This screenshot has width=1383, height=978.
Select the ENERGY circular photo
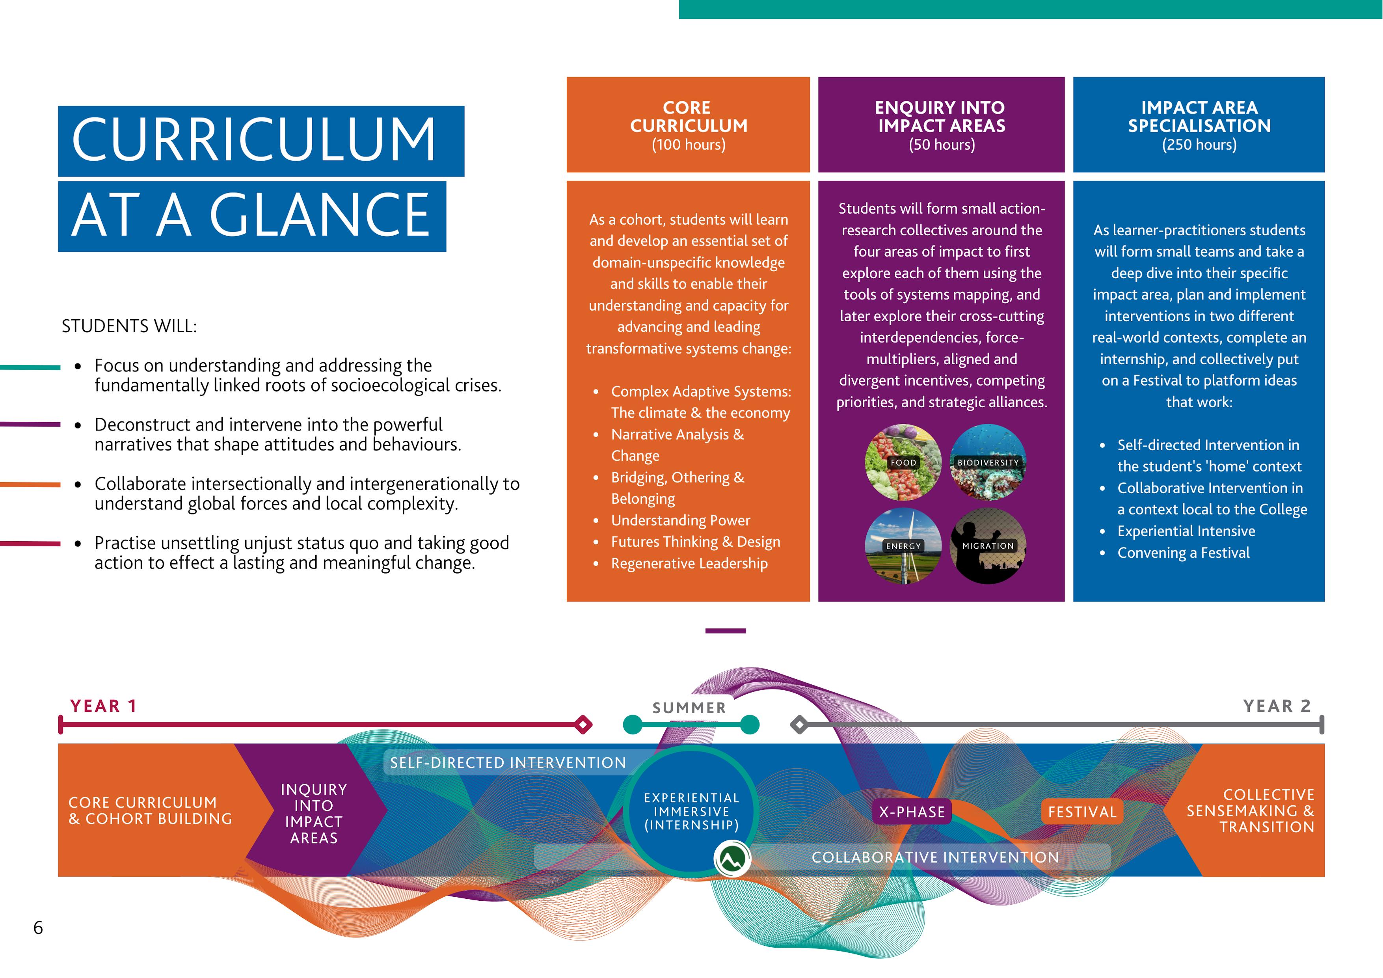(x=903, y=545)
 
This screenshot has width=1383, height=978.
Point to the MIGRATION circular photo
(x=988, y=545)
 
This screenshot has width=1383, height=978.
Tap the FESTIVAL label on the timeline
(x=1082, y=812)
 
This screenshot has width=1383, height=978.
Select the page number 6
(x=38, y=928)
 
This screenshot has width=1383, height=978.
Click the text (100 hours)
(x=689, y=145)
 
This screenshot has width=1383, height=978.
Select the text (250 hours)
(x=1199, y=145)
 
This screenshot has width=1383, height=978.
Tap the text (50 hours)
(x=942, y=145)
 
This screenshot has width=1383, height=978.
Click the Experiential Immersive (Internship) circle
(x=691, y=811)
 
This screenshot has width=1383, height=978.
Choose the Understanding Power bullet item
(x=681, y=520)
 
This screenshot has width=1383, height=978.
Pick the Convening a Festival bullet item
(x=1183, y=553)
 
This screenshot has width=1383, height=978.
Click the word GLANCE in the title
(x=319, y=215)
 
